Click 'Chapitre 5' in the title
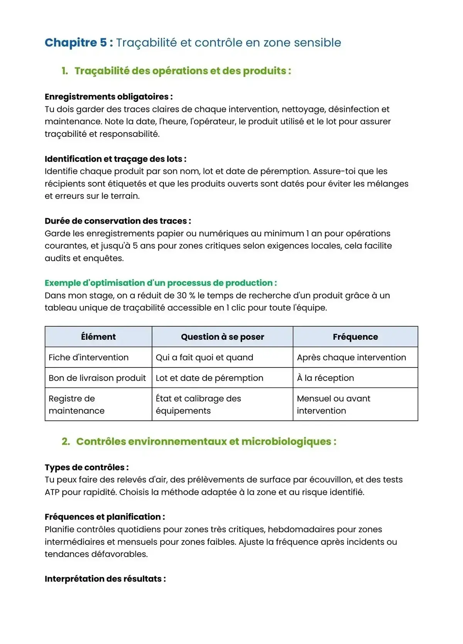coord(76,42)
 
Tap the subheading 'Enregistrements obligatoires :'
coord(108,97)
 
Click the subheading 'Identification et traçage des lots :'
coord(115,159)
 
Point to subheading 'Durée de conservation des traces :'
coord(118,221)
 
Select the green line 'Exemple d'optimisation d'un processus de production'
coord(161,283)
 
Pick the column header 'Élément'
coord(98,337)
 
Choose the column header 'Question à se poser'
coord(222,337)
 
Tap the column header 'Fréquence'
coord(355,337)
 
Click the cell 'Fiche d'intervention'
coord(88,357)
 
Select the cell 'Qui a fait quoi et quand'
coord(204,357)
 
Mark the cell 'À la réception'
coord(325,378)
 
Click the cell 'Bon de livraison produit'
coord(97,378)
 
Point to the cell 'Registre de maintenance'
coord(76,405)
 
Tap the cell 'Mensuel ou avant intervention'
coord(333,405)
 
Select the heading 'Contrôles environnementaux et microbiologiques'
coord(206,442)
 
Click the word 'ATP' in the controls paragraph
coord(52,492)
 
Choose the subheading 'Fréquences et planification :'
coord(105,517)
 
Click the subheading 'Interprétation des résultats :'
coord(105,579)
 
